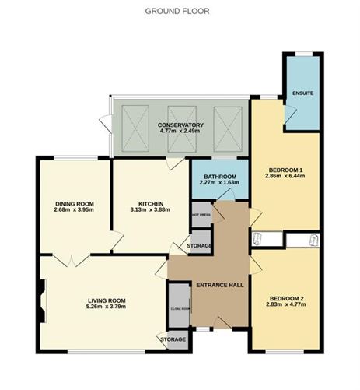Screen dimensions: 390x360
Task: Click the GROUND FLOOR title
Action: click(x=177, y=11)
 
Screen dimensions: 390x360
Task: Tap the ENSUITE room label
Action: click(x=302, y=93)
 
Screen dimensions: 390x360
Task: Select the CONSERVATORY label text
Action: click(x=180, y=125)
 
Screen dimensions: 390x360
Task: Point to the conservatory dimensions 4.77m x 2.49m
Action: click(x=180, y=132)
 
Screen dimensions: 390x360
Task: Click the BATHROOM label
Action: click(x=220, y=177)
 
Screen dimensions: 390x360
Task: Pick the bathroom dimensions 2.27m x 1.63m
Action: click(x=220, y=184)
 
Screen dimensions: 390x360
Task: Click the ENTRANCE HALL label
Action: click(x=220, y=285)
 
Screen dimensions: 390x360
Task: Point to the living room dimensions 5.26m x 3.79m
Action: click(x=107, y=307)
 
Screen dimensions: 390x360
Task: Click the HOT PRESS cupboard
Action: click(x=201, y=216)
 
